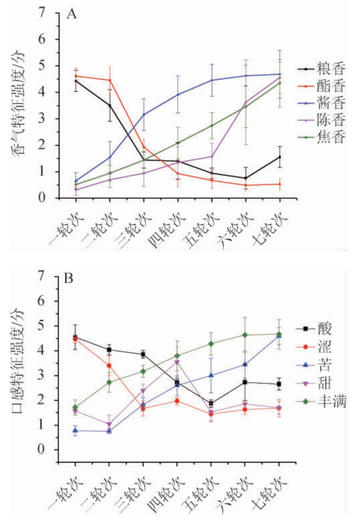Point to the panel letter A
pos(72,14)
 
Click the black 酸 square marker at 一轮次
pos(75,337)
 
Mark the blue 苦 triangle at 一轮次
pos(75,430)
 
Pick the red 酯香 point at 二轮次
pos(109,80)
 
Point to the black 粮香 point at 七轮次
pos(279,157)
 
